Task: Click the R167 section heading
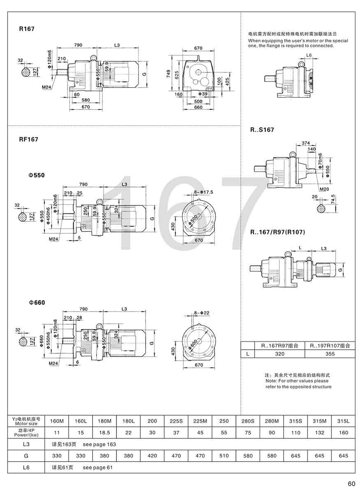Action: click(27, 29)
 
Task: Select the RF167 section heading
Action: click(28, 139)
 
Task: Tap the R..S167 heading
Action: click(262, 130)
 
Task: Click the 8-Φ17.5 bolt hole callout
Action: click(204, 192)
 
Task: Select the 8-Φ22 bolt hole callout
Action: click(201, 313)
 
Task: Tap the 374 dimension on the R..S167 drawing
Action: click(305, 143)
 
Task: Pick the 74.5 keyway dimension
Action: click(333, 200)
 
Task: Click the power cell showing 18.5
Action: click(105, 432)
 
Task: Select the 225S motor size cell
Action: click(176, 421)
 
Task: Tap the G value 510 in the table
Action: click(224, 456)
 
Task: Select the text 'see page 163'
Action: click(100, 444)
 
